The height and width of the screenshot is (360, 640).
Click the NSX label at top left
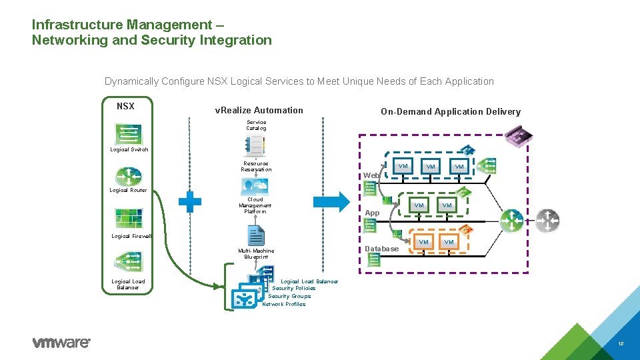click(x=125, y=106)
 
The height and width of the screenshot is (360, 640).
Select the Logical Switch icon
click(x=128, y=134)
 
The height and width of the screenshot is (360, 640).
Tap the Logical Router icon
click(x=128, y=177)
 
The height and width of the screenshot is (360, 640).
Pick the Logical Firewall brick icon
click(x=128, y=218)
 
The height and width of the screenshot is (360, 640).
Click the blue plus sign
click(x=190, y=202)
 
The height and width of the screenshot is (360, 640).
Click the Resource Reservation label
click(x=256, y=166)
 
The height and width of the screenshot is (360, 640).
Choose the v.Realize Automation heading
click(x=259, y=111)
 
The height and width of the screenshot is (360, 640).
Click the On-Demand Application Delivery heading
click(x=450, y=112)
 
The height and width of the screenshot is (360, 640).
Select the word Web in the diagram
click(x=371, y=175)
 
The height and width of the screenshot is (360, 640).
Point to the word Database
click(x=382, y=249)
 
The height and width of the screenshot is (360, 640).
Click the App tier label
click(x=372, y=213)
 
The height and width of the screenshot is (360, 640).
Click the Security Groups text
click(x=289, y=296)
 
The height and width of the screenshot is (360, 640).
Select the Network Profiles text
click(x=284, y=304)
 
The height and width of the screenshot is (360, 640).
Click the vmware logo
click(x=61, y=343)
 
